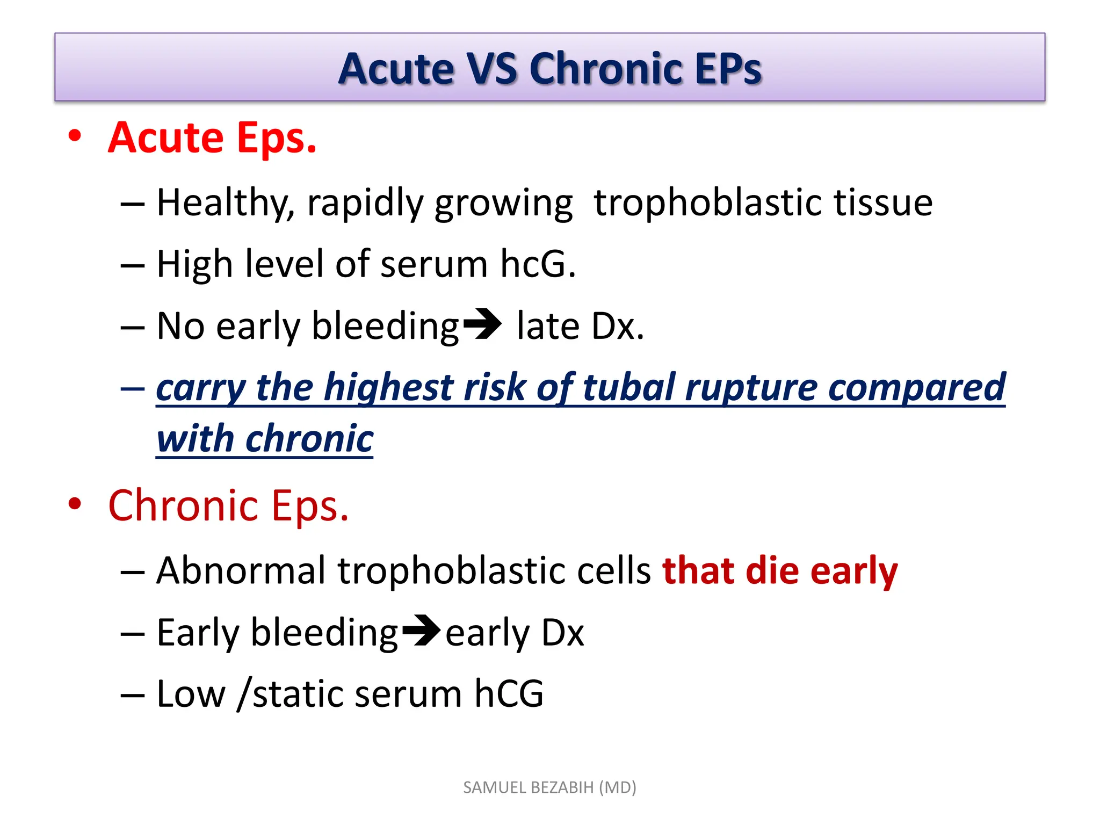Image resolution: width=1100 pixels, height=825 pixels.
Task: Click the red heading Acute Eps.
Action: click(212, 138)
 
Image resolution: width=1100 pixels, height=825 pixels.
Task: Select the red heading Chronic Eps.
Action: click(228, 506)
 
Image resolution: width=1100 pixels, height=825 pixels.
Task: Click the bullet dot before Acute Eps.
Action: click(75, 136)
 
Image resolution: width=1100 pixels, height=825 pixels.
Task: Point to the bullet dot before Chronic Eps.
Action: click(75, 504)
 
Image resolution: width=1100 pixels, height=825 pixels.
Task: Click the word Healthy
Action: click(226, 204)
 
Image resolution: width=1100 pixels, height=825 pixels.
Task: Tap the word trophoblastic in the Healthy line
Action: click(707, 203)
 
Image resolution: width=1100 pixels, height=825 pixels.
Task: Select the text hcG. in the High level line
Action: click(538, 264)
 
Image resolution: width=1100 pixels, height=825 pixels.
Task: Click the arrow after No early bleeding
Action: click(482, 324)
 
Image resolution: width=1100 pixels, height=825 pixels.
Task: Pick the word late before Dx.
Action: click(548, 327)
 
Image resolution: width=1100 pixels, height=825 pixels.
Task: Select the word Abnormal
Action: click(241, 570)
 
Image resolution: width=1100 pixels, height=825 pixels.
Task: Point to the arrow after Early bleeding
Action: click(421, 631)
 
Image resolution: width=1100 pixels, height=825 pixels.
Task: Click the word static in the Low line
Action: click(297, 694)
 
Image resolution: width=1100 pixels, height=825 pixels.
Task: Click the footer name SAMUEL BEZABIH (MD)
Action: click(549, 787)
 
